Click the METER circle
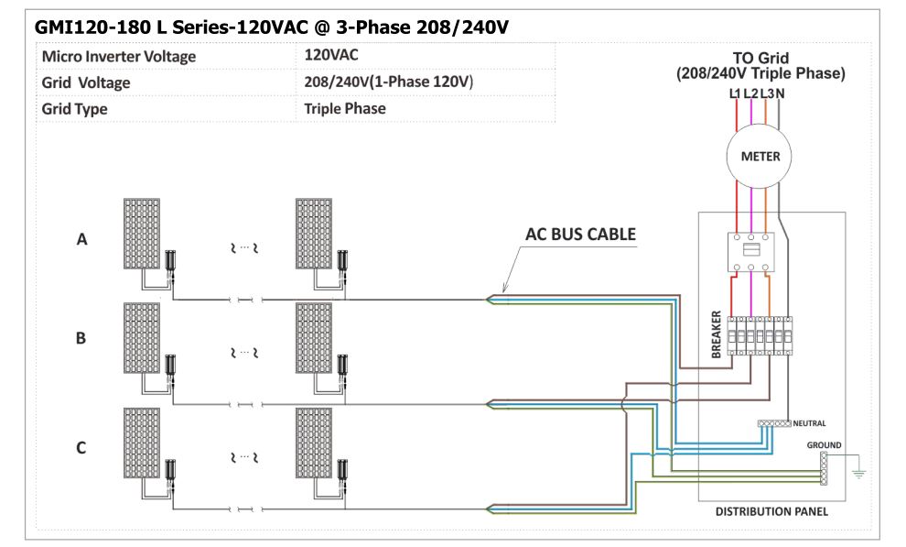pos(760,156)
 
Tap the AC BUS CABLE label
pos(580,235)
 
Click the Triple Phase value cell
pos(345,108)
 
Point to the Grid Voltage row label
pos(86,82)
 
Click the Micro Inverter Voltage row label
pos(119,57)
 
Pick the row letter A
pos(81,240)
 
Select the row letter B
pos(81,338)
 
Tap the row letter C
pos(81,448)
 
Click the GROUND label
pos(824,445)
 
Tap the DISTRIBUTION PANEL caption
pos(771,511)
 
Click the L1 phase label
pos(735,93)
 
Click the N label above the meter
pos(780,93)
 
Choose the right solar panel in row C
pos(318,443)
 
